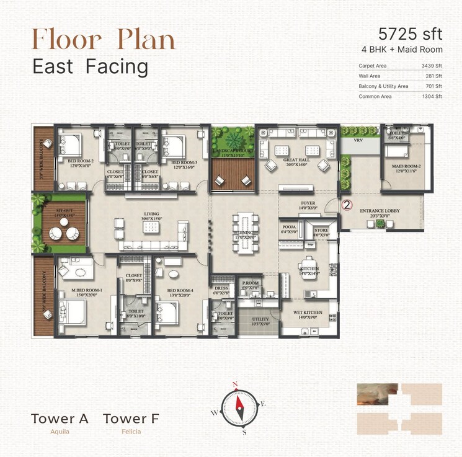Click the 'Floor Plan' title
[x=104, y=38]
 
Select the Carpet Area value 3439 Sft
[x=430, y=65]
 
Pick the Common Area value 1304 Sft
[x=430, y=96]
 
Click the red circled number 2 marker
[x=347, y=203]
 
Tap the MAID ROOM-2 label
[x=403, y=167]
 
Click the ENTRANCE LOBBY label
[x=380, y=211]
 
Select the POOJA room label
[x=288, y=228]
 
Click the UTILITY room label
[x=260, y=319]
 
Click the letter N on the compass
[x=235, y=384]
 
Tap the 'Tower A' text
[x=60, y=419]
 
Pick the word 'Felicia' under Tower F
[x=131, y=432]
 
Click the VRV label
[x=358, y=141]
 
